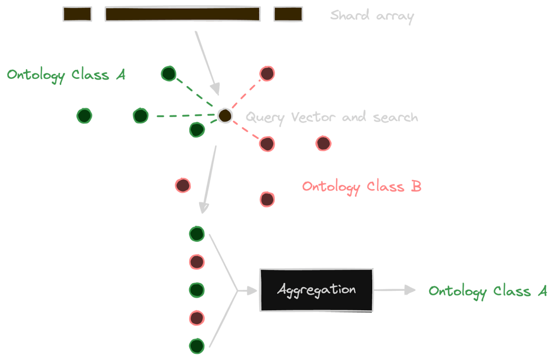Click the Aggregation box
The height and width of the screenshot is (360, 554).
(x=316, y=290)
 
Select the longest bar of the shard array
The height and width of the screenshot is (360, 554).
(x=183, y=14)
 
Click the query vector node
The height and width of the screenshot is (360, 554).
(x=225, y=116)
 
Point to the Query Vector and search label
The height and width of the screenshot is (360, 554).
(x=331, y=117)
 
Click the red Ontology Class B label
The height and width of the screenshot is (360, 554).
(x=361, y=187)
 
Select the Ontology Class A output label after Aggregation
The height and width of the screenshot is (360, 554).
(x=488, y=291)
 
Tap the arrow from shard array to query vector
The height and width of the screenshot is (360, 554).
(x=207, y=61)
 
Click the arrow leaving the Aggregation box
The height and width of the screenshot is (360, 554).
(x=395, y=290)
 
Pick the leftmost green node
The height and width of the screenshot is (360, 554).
(x=84, y=116)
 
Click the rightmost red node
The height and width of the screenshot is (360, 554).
(x=323, y=143)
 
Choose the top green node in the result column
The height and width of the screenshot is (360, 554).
(x=197, y=234)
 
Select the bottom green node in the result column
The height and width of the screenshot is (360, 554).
(x=197, y=346)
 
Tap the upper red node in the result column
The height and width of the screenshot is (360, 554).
(x=197, y=262)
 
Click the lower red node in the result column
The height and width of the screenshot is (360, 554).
(x=197, y=318)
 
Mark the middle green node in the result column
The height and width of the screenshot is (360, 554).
(x=197, y=290)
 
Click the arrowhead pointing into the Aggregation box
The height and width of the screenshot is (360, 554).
(x=253, y=290)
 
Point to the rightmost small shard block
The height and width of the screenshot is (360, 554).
(x=288, y=14)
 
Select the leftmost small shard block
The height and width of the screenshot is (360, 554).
(x=77, y=14)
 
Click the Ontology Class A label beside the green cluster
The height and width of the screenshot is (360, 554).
(x=66, y=75)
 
